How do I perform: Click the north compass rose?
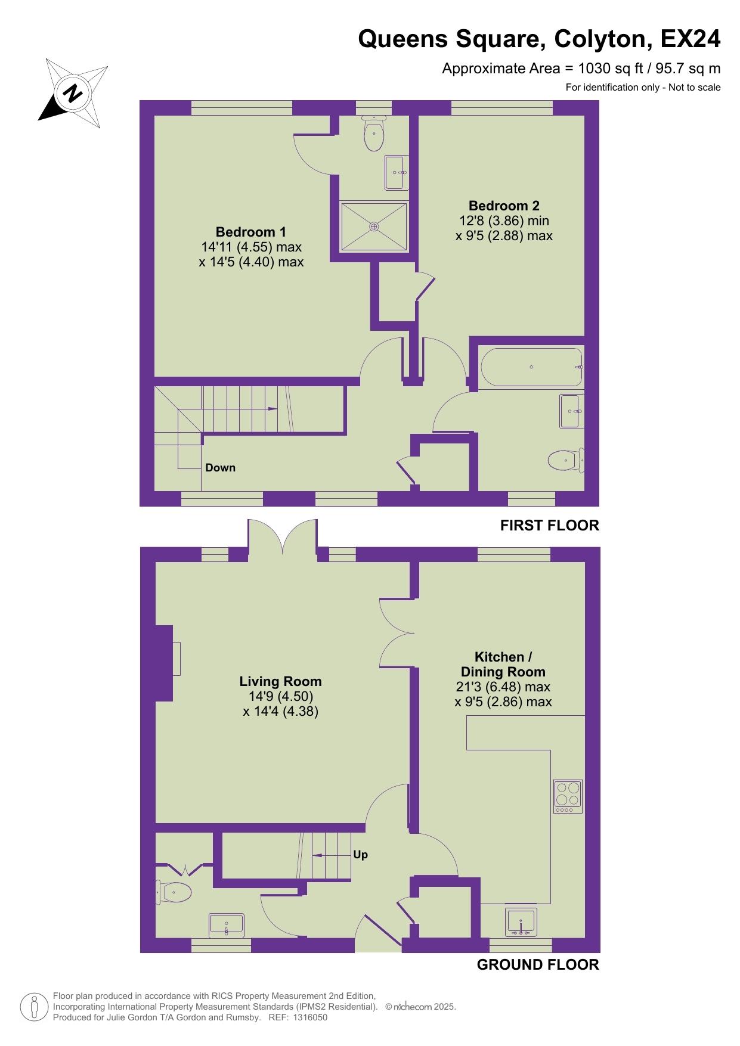pyautogui.click(x=73, y=93)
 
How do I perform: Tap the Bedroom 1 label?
pyautogui.click(x=251, y=232)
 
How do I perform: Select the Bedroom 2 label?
pyautogui.click(x=504, y=206)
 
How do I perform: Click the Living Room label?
pyautogui.click(x=280, y=681)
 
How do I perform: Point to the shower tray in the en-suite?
pyautogui.click(x=374, y=226)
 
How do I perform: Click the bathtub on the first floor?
pyautogui.click(x=531, y=367)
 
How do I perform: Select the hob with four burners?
pyautogui.click(x=568, y=796)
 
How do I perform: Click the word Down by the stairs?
pyautogui.click(x=221, y=468)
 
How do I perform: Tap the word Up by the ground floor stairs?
pyautogui.click(x=360, y=855)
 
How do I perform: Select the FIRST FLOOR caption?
pyautogui.click(x=549, y=525)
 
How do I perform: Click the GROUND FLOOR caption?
pyautogui.click(x=538, y=964)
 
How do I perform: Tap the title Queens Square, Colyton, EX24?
pyautogui.click(x=539, y=39)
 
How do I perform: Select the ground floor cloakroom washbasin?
pyautogui.click(x=227, y=924)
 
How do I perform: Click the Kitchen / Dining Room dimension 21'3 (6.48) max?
pyautogui.click(x=503, y=687)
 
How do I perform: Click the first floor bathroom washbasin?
pyautogui.click(x=571, y=411)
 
